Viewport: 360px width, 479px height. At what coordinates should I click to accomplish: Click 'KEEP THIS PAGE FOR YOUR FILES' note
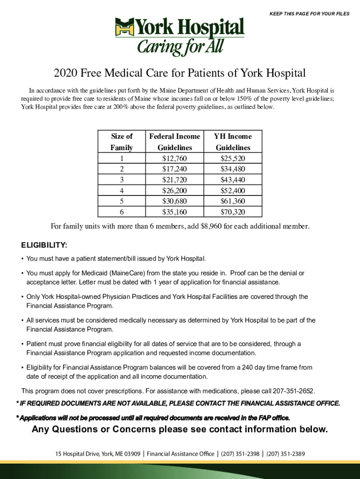tap(310, 14)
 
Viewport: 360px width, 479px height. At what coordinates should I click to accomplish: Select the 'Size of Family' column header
tap(122, 142)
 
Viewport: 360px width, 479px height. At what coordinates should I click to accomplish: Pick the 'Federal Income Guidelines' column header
tap(174, 142)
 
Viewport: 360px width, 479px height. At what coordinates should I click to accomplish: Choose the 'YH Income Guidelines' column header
tap(233, 142)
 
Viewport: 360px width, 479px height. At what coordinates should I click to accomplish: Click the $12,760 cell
tap(174, 158)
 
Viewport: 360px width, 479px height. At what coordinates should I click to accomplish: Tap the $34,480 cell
tap(233, 169)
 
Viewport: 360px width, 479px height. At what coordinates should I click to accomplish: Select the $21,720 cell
tap(174, 180)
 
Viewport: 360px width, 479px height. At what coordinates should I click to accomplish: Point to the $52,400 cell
tap(233, 190)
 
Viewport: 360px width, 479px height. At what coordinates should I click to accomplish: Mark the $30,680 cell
tap(174, 201)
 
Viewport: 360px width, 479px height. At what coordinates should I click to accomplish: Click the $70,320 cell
tap(233, 212)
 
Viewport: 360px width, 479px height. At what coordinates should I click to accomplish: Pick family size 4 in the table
tap(122, 190)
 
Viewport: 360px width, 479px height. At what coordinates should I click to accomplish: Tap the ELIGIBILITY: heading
tap(44, 245)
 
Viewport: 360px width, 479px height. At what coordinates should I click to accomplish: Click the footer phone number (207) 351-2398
tap(240, 454)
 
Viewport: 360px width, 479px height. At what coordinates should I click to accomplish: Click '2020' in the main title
tap(65, 73)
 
